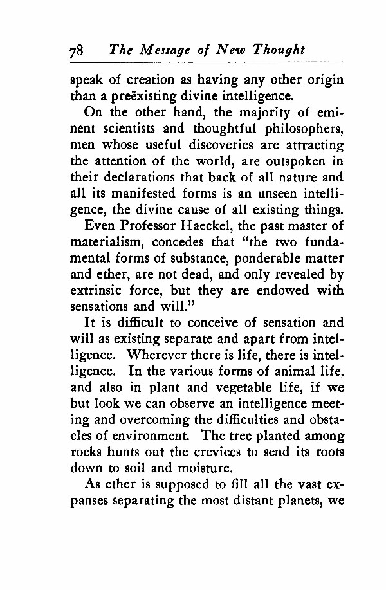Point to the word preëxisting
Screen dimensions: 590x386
click(147, 98)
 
